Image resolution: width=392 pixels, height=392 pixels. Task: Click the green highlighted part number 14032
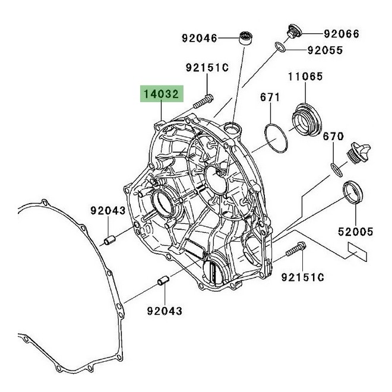tap(162, 94)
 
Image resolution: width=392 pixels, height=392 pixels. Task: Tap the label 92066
tap(342, 34)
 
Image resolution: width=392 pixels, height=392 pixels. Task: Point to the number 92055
tap(325, 50)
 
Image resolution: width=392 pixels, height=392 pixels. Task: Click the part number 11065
tap(305, 77)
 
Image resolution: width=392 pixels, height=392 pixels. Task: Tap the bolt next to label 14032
tap(203, 101)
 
